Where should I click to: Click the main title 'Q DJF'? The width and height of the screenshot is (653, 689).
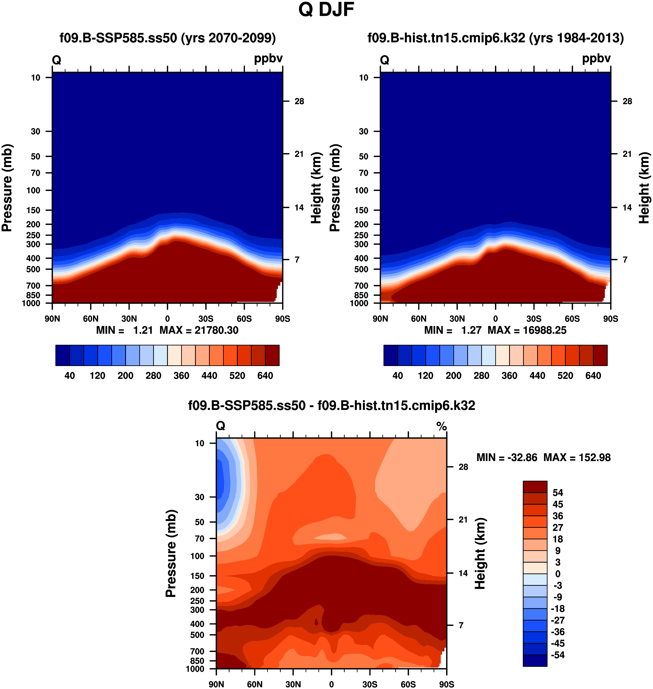326,10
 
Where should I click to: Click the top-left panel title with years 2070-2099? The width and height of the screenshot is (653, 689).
167,38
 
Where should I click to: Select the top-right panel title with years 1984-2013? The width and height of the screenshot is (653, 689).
495,38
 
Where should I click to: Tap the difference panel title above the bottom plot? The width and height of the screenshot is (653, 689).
331,406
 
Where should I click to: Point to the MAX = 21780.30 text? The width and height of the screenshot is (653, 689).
199,330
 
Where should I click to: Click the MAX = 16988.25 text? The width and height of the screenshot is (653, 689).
527,330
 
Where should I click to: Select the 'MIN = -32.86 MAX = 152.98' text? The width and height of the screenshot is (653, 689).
543,458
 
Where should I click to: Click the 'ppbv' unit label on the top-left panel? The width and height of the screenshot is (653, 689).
268,58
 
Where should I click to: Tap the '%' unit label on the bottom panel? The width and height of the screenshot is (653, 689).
441,426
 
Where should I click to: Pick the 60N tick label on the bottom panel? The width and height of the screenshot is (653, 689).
255,684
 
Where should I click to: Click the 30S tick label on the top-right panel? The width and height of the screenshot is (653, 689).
534,319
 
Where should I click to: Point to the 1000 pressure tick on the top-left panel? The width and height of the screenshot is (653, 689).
31,303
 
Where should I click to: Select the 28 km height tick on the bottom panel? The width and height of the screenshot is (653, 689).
463,467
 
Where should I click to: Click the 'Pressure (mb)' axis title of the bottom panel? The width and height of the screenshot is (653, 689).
171,554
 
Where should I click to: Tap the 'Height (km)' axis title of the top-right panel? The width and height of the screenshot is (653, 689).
644,188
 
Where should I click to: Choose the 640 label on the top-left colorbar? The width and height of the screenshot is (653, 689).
265,376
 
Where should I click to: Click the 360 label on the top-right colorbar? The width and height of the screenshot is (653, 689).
509,376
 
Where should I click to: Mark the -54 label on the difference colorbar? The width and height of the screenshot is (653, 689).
558,655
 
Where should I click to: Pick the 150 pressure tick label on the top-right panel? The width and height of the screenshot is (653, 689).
361,210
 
